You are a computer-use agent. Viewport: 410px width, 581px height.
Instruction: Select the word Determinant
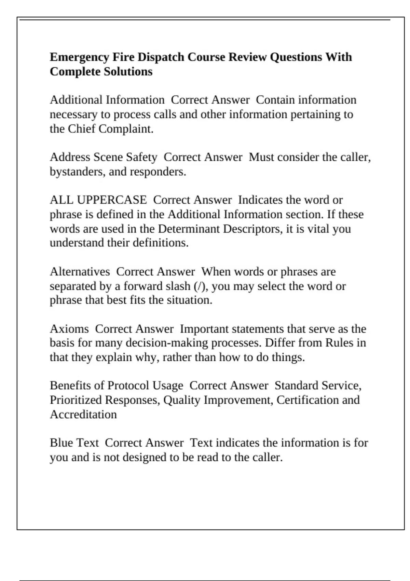click(x=189, y=229)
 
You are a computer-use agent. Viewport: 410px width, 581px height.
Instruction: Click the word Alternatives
click(x=80, y=272)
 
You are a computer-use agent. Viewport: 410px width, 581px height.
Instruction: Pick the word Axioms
click(x=69, y=329)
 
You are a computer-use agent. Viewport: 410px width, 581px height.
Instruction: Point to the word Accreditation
click(x=83, y=415)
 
